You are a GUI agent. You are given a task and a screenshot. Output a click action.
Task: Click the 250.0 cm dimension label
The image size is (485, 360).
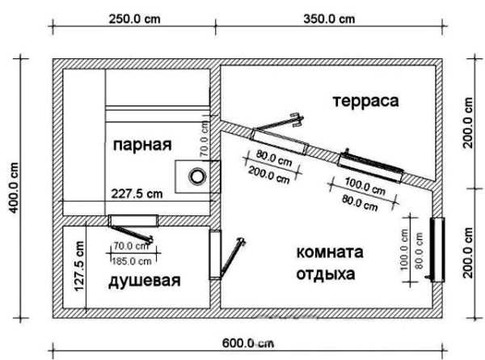click(135, 19)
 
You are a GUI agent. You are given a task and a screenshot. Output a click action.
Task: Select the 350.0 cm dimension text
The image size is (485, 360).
click(329, 19)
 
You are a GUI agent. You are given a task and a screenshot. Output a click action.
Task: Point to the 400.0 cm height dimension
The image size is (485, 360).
click(14, 188)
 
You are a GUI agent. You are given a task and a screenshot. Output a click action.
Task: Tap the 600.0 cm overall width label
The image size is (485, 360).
click(248, 343)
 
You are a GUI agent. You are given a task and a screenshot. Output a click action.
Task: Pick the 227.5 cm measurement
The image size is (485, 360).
click(137, 194)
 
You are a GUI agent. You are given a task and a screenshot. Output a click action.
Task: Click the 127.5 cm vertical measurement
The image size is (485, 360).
click(79, 266)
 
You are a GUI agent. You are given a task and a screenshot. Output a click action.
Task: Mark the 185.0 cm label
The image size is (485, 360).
click(132, 261)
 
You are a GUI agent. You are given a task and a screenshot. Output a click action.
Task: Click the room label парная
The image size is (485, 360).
click(142, 145)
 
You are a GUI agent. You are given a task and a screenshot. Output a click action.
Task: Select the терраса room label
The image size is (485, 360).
click(366, 102)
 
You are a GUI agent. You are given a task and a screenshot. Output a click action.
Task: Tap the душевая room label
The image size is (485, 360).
click(145, 281)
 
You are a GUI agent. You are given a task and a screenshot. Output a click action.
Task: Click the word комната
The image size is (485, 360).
click(330, 252)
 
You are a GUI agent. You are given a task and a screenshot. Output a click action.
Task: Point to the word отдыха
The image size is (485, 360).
click(326, 274)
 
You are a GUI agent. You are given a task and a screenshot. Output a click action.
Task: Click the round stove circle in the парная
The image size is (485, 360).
click(197, 176)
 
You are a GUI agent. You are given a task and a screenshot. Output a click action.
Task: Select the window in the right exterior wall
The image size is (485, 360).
click(437, 249)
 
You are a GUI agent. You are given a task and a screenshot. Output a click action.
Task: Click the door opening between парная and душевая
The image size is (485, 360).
click(133, 220)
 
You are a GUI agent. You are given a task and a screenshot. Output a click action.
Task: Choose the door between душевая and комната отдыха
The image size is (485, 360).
click(215, 255)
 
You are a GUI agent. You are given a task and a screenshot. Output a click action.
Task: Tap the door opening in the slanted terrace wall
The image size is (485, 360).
click(280, 142)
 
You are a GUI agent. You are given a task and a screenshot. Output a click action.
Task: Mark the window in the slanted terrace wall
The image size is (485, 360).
click(370, 168)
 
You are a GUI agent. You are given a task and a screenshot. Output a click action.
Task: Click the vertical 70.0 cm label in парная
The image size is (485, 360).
click(205, 140)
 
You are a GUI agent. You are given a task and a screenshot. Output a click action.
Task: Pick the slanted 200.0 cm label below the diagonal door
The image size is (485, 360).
click(269, 175)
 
